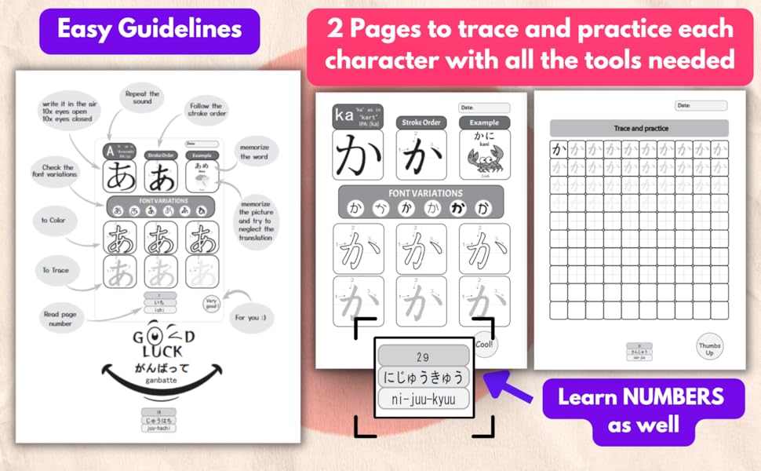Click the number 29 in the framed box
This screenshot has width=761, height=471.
click(424, 356)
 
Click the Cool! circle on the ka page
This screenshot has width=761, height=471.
click(484, 344)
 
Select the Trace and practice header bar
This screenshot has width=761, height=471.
click(639, 127)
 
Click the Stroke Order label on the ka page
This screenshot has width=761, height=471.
click(421, 122)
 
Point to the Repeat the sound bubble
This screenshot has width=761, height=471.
click(142, 100)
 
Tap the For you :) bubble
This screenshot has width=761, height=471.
click(249, 318)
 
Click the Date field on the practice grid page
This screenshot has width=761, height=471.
click(701, 104)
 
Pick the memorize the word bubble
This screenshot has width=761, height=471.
click(255, 152)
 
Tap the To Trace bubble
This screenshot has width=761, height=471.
click(56, 270)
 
